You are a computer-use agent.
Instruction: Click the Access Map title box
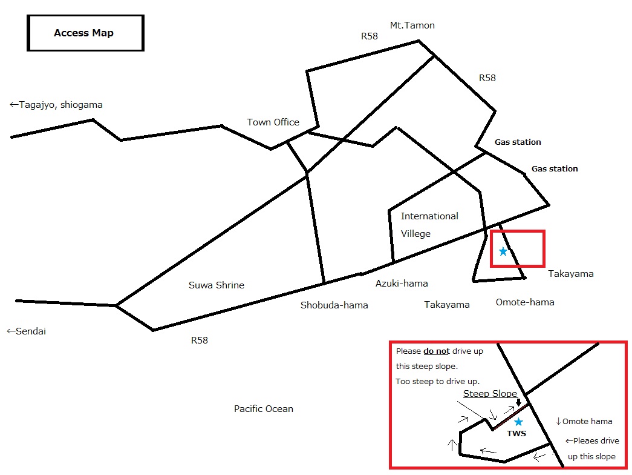click(85, 33)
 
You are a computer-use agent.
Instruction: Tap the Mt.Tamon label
click(412, 25)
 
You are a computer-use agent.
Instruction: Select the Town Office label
click(273, 122)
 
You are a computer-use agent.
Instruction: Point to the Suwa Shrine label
click(217, 285)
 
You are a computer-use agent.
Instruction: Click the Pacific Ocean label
click(264, 409)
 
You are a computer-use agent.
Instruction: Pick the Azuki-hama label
click(402, 284)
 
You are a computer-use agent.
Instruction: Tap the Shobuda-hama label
click(334, 305)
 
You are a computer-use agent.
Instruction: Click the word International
click(429, 216)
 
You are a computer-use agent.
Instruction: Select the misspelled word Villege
click(415, 234)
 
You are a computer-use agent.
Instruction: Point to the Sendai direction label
click(26, 331)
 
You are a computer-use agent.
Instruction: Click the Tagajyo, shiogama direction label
click(56, 105)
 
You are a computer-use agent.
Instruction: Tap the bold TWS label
click(516, 433)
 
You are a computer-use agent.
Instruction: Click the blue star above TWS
click(519, 422)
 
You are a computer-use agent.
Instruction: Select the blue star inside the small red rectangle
click(503, 251)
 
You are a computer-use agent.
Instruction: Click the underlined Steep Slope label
click(490, 394)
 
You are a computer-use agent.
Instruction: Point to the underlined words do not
click(437, 351)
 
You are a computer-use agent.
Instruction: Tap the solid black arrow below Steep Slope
click(519, 402)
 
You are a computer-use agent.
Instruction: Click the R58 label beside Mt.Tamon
click(369, 36)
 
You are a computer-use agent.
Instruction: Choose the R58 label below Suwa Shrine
click(200, 340)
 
